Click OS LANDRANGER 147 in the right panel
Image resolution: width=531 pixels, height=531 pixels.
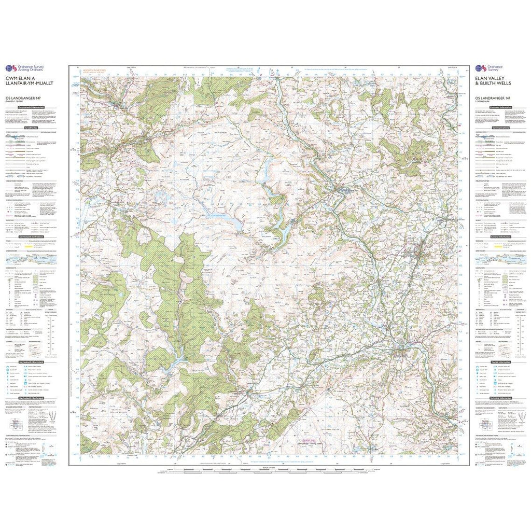pyautogui.click(x=489, y=99)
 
